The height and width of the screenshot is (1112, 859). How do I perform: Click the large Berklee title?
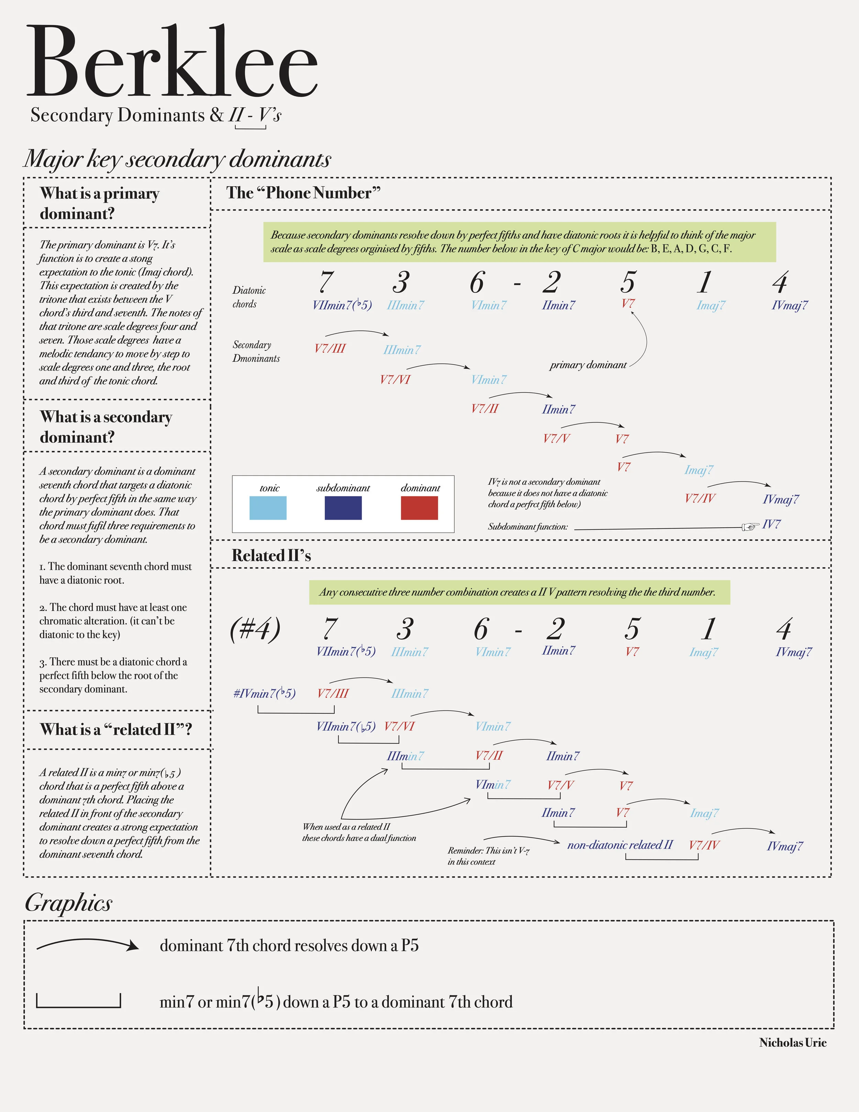click(172, 62)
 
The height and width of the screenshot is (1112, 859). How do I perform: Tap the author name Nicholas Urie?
click(792, 1043)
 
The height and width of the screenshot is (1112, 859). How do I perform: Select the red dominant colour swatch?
click(419, 508)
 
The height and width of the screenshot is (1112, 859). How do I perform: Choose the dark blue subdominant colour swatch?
click(343, 508)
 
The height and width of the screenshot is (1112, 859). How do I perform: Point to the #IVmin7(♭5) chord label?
click(264, 693)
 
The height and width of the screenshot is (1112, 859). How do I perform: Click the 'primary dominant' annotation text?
click(588, 365)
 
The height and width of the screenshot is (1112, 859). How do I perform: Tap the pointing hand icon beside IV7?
click(750, 527)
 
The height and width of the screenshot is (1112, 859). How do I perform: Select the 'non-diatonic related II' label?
click(620, 845)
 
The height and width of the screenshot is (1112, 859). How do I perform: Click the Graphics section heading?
click(69, 903)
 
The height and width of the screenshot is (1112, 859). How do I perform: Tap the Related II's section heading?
click(271, 555)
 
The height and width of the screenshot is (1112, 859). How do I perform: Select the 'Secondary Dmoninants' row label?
click(256, 351)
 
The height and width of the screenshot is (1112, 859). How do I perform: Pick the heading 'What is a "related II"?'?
click(116, 730)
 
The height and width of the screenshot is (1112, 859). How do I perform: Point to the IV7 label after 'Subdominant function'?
click(771, 525)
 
